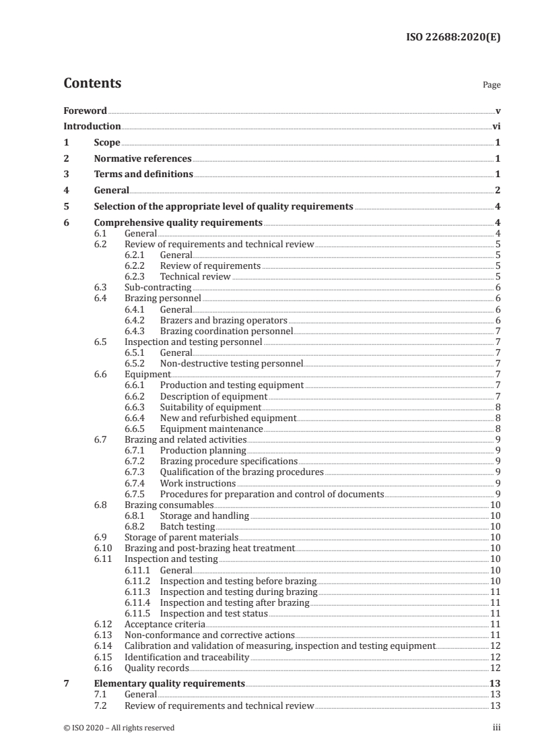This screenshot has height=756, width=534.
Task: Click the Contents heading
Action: [92, 84]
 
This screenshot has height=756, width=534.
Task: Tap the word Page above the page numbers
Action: [492, 86]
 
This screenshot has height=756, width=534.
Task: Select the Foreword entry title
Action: [85, 111]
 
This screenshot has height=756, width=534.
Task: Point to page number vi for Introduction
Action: [496, 126]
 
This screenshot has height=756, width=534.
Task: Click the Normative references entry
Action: [143, 159]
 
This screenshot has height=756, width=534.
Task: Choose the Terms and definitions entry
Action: [143, 175]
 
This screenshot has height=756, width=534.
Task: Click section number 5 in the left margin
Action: [66, 207]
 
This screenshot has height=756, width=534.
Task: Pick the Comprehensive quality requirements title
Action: [178, 223]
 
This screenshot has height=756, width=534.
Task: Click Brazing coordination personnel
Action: [226, 331]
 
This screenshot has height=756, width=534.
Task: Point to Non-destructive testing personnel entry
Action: [231, 364]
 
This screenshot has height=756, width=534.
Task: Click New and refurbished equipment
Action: [228, 418]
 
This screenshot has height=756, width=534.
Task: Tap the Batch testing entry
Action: [187, 527]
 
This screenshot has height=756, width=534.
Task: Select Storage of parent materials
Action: [182, 538]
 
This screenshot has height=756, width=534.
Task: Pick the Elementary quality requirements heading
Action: [169, 683]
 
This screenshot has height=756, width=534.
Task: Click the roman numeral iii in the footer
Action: [496, 728]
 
